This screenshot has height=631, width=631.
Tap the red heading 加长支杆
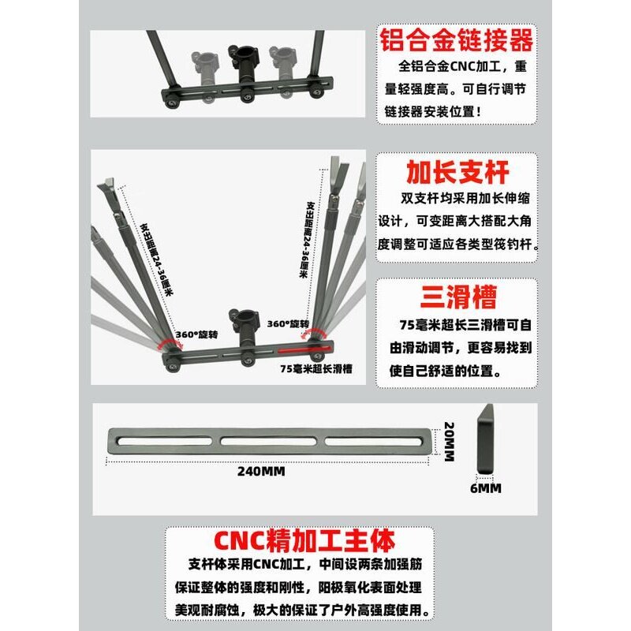click(x=456, y=172)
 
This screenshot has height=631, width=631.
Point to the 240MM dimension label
click(x=260, y=472)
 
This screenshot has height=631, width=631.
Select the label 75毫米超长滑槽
click(x=315, y=368)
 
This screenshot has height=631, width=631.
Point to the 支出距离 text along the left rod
click(x=159, y=261)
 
